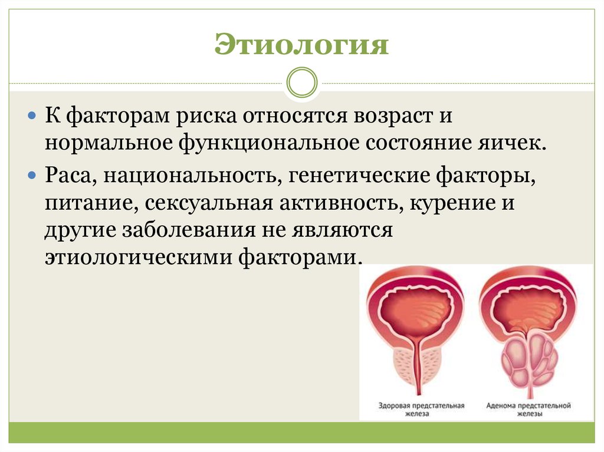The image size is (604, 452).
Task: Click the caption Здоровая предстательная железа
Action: (x=421, y=410)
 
